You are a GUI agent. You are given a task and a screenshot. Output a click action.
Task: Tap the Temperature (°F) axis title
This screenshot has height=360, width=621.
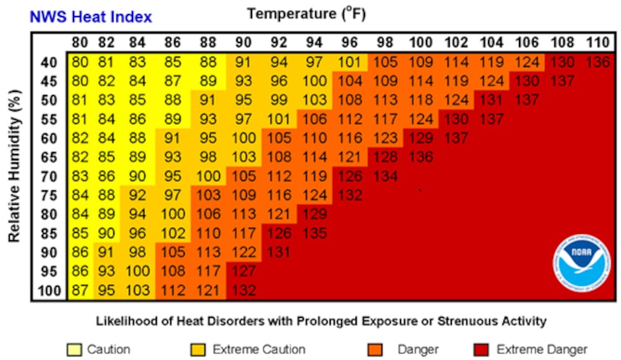point(306,13)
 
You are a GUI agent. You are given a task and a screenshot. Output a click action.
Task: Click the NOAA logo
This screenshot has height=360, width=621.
point(581,256)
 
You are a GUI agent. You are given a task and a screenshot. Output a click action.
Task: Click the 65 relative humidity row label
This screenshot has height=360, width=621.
point(49,158)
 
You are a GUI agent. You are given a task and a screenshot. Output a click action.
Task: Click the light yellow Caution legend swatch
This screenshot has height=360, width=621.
point(75,349)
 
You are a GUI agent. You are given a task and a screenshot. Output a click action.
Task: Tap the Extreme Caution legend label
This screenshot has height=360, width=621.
point(259,349)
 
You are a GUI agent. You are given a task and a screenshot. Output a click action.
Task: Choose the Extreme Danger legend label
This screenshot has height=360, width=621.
point(542,349)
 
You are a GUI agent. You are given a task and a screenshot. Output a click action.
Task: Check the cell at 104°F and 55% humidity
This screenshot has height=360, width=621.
point(490,120)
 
